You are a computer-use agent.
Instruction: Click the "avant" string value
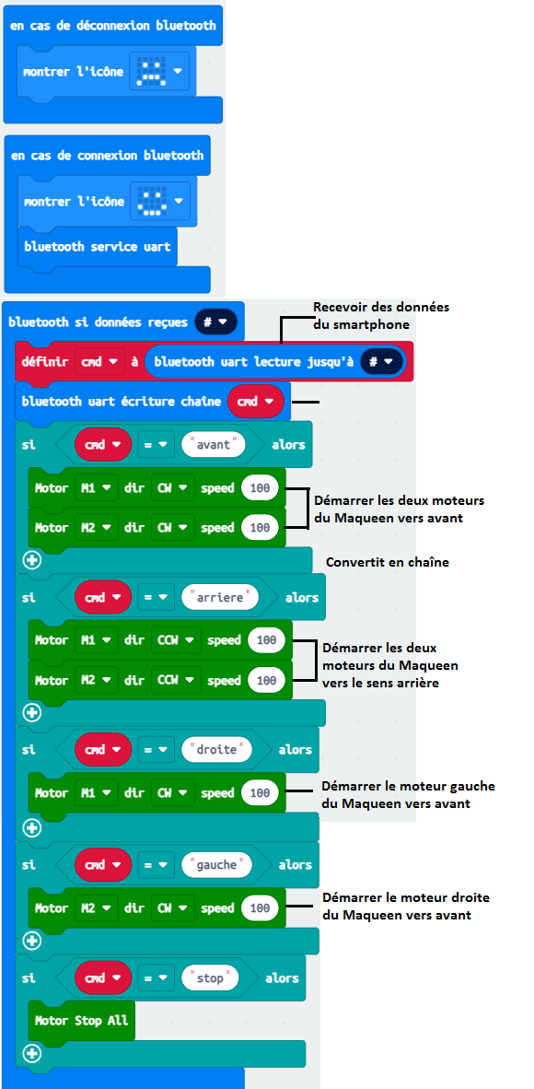215,444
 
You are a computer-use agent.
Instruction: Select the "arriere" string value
219,597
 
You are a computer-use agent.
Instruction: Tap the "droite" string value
216,750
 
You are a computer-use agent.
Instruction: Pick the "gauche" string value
216,865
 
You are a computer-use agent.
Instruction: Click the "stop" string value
211,978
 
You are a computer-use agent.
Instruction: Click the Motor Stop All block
82,1020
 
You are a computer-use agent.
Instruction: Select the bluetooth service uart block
98,247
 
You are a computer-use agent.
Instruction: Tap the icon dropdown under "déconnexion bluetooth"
159,72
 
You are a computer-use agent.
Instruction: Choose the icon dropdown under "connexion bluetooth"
159,202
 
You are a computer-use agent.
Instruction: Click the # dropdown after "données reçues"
216,322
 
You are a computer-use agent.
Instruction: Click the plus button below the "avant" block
32,560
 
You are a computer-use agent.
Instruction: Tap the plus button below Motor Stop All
32,1053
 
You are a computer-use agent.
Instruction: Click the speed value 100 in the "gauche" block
260,907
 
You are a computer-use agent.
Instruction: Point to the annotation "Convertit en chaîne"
388,562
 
